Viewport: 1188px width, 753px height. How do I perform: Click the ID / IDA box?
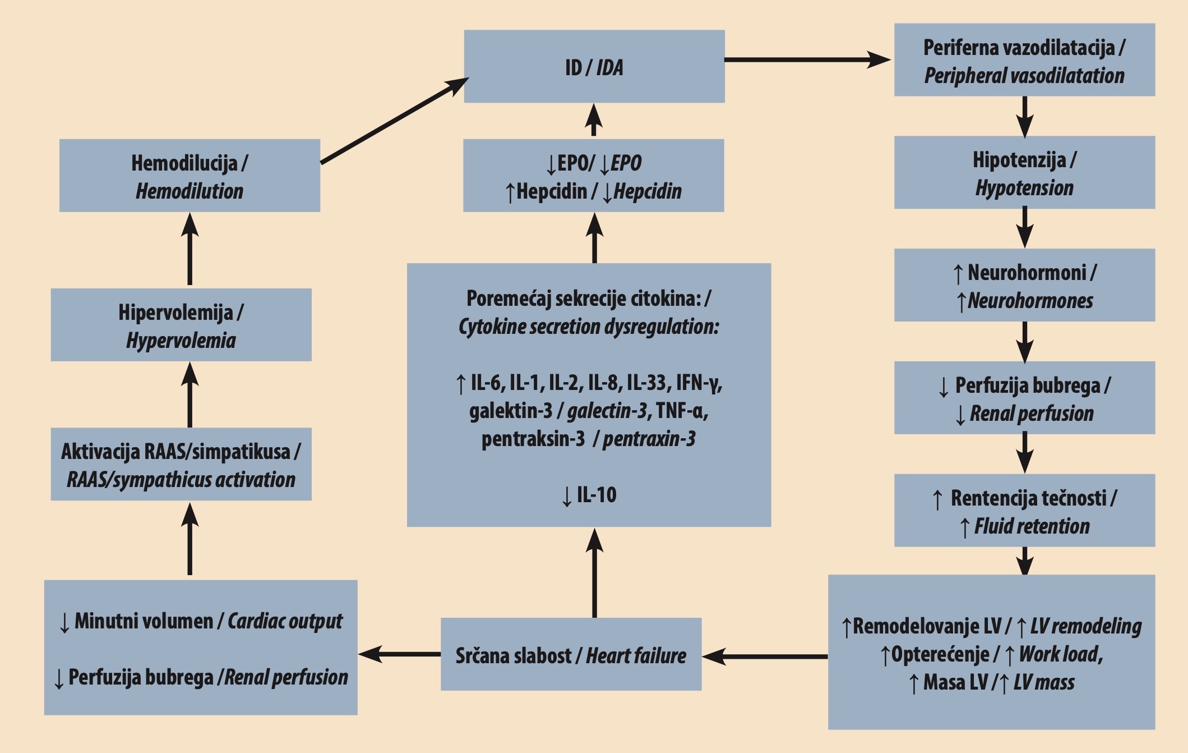594,66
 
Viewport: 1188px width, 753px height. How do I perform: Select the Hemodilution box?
189,176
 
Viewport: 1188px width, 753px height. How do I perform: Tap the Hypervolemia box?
181,325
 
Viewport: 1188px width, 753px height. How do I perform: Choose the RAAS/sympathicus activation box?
181,464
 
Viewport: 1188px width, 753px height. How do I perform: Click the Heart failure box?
571,654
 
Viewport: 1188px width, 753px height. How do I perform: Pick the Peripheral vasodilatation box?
1025,60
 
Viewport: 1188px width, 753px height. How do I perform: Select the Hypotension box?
1025,172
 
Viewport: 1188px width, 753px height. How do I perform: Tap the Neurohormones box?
1025,285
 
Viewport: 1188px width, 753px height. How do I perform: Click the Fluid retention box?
1025,511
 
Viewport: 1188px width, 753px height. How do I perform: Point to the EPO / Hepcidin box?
594,176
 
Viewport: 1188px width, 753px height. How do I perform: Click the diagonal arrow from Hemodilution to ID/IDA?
395,121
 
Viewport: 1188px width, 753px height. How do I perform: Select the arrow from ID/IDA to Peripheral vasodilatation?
808,59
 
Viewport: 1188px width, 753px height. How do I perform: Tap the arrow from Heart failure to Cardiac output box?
399,654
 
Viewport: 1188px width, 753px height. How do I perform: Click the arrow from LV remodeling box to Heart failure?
765,656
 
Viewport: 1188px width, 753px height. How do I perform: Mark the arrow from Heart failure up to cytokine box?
594,572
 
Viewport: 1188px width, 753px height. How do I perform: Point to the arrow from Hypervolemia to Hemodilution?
190,249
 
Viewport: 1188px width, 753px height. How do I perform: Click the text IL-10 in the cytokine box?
597,495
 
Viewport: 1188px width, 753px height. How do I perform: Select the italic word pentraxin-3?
649,439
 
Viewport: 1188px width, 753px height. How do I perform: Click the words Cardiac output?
285,621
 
